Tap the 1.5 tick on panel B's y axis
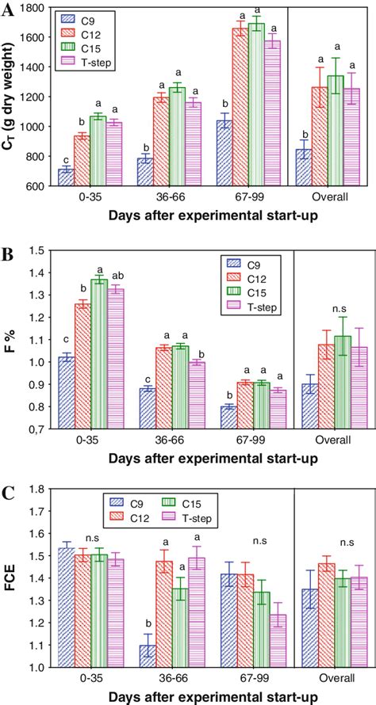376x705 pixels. coord(40,250)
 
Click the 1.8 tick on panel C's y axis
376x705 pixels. coord(40,490)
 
